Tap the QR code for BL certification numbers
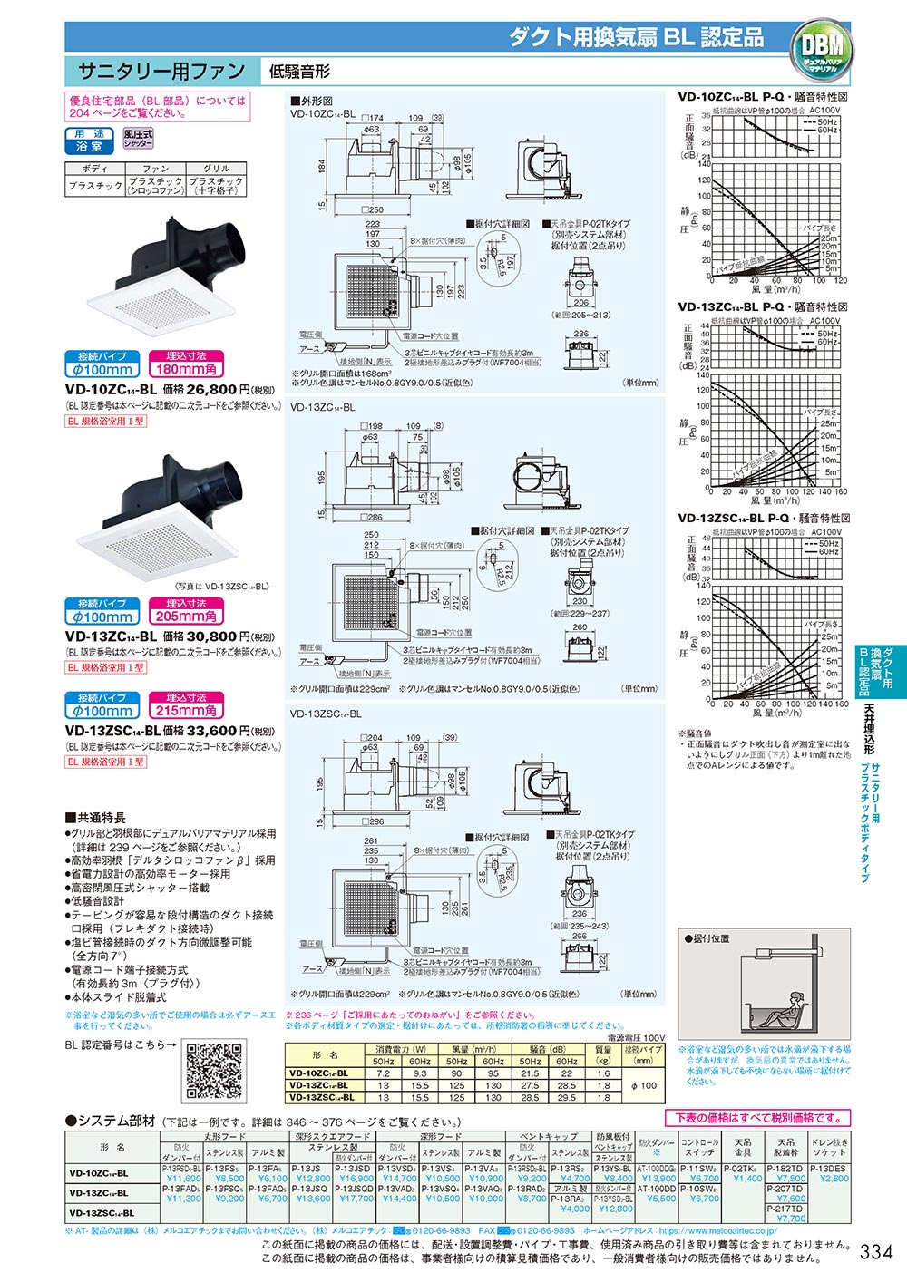pos(216,1073)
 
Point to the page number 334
pos(875,1252)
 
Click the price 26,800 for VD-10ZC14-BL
pos(210,389)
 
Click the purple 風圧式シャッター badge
pos(139,139)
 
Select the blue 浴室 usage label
pos(89,145)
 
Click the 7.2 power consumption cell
pos(383,1073)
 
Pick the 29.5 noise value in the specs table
pos(566,1097)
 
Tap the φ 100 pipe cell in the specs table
pos(643,1085)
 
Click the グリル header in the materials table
pos(216,169)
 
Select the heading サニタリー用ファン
pos(161,71)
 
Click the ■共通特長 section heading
pos(95,817)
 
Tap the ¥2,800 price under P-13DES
pos(834,1179)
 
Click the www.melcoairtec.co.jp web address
pos(717,1230)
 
